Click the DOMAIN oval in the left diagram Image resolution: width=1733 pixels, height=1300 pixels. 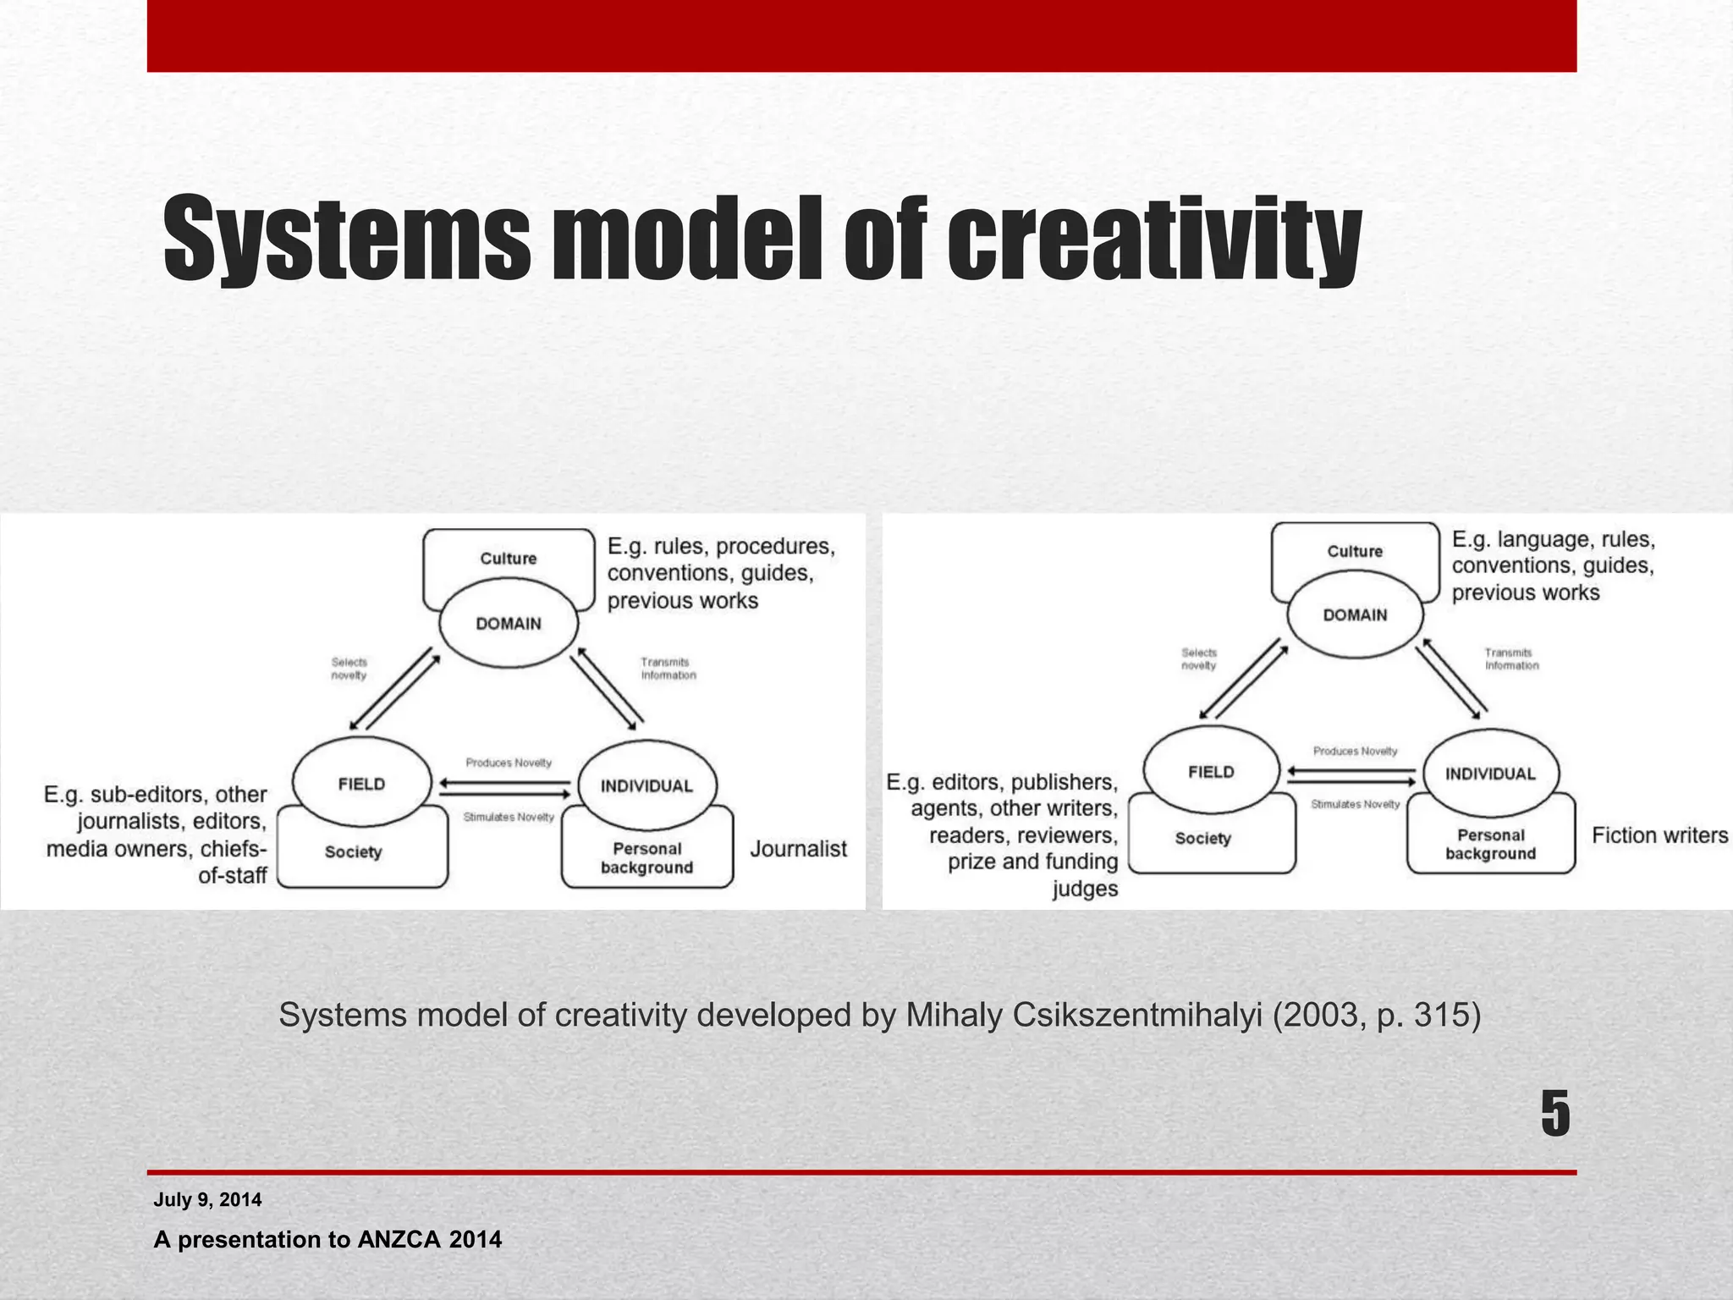point(509,624)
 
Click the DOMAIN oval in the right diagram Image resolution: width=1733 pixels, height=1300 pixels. point(1355,615)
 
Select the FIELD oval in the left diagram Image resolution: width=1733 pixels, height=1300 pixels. point(361,785)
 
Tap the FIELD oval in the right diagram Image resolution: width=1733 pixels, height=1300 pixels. point(1211,772)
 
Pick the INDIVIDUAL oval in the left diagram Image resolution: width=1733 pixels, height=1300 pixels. point(646,786)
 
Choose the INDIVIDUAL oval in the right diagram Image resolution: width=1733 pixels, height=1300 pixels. point(1490,774)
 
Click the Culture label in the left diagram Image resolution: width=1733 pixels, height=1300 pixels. point(509,559)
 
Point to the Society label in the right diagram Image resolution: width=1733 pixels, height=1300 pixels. point(1202,839)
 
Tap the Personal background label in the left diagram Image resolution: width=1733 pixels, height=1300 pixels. point(647,858)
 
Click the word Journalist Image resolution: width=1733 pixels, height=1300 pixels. point(798,849)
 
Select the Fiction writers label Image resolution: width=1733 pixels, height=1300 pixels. point(1659,835)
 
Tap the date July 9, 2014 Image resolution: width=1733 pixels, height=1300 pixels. point(207,1199)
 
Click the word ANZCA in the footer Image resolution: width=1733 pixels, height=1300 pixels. point(399,1240)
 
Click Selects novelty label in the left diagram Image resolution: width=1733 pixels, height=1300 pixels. point(349,669)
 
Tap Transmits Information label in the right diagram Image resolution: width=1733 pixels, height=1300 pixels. point(1511,659)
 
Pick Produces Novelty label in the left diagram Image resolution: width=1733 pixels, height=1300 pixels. point(509,763)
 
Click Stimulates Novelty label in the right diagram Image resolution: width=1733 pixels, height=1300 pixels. point(1355,804)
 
